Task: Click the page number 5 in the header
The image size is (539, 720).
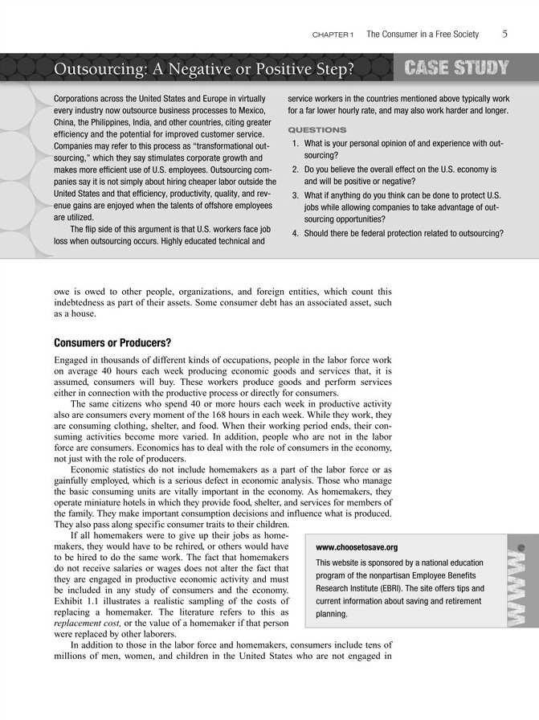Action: click(x=504, y=35)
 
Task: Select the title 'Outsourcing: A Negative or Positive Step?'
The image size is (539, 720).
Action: click(x=204, y=70)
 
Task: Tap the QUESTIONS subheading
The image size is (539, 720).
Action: click(x=316, y=129)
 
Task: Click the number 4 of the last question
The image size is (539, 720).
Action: click(x=296, y=234)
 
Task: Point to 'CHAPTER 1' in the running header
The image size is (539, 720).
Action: click(x=335, y=35)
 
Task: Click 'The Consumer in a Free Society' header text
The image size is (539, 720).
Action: click(x=423, y=35)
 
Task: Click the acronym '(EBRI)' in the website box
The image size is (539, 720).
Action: click(x=381, y=588)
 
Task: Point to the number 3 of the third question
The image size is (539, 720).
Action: click(x=296, y=195)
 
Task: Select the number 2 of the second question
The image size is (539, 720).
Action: click(x=296, y=170)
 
